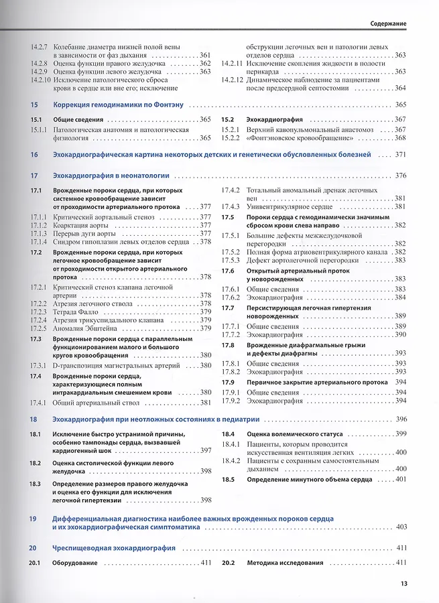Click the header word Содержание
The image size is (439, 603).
389,23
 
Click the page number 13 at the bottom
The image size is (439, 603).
404,583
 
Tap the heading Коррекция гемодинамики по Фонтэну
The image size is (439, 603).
118,105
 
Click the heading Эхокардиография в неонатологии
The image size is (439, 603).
111,176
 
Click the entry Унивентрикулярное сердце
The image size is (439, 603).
288,206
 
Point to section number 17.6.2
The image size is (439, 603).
231,297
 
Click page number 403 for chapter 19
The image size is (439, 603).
401,527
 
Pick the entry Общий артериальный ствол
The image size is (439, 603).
96,403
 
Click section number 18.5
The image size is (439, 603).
228,479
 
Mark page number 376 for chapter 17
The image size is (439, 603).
401,176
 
